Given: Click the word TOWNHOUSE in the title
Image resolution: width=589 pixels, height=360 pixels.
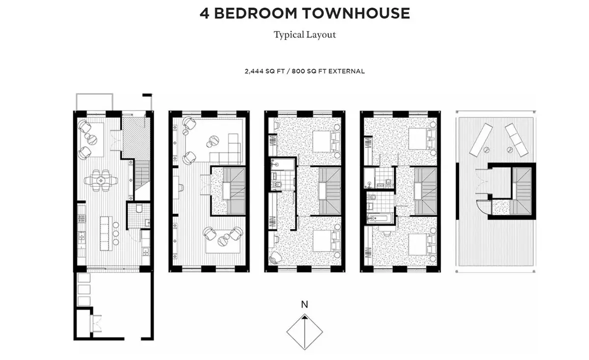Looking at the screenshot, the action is click(356, 13).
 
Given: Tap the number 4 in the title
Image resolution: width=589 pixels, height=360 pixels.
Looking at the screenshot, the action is click(205, 13).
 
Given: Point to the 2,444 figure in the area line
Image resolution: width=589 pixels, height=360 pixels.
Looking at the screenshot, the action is click(254, 71).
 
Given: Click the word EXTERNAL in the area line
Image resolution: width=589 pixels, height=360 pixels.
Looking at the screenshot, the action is click(346, 71).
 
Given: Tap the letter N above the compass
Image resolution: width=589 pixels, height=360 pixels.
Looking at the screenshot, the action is click(304, 305).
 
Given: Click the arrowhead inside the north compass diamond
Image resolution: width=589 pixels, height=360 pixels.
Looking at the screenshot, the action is click(304, 318).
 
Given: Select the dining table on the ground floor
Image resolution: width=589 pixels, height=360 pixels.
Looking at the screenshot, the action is click(101, 181).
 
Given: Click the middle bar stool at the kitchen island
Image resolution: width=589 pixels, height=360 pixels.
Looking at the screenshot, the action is click(116, 234).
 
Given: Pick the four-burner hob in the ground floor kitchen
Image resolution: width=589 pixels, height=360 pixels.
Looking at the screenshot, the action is click(81, 218).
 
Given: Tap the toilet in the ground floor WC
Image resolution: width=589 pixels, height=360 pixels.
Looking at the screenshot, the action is click(139, 208).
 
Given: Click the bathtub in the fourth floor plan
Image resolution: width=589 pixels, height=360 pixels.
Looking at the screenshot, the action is click(380, 219).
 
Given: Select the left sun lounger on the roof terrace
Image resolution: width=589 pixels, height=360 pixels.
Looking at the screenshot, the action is click(481, 140).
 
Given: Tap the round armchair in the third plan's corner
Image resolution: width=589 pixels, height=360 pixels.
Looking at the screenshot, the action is click(275, 257).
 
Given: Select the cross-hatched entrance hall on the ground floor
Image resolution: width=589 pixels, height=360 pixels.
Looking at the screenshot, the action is click(136, 138).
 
